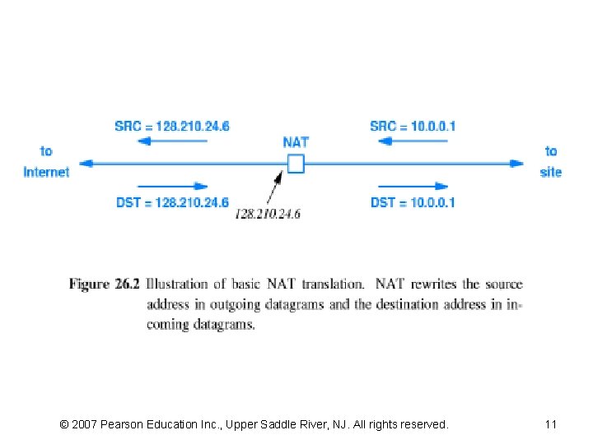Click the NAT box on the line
(x=296, y=164)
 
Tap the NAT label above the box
(x=296, y=142)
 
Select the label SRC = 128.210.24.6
(x=172, y=126)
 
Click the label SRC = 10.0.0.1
(x=413, y=126)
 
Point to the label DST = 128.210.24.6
(x=172, y=202)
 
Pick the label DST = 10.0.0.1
(x=413, y=202)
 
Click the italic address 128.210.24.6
(x=268, y=214)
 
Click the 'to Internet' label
(x=46, y=161)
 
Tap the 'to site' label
(x=551, y=161)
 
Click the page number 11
(x=551, y=424)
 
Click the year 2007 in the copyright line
(x=86, y=424)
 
